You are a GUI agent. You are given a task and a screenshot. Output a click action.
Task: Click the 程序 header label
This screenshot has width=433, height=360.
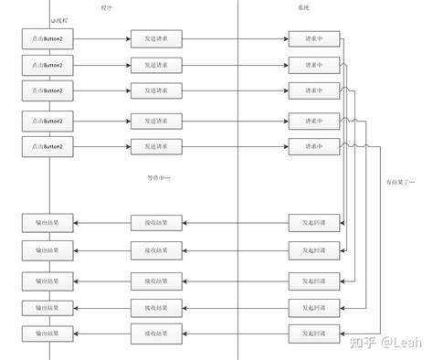(108, 7)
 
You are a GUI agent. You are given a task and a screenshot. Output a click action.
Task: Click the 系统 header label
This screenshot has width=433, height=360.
(303, 7)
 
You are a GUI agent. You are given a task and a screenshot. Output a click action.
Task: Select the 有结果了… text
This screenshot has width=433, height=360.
(399, 182)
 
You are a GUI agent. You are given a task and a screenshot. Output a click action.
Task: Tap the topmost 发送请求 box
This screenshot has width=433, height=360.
(156, 39)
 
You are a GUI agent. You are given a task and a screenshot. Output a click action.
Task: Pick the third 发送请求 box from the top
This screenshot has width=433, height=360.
(156, 90)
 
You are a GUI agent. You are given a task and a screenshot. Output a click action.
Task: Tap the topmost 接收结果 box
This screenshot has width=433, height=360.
(156, 221)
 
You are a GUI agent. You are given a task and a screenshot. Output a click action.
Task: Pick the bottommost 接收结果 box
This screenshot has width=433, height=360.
(156, 333)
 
